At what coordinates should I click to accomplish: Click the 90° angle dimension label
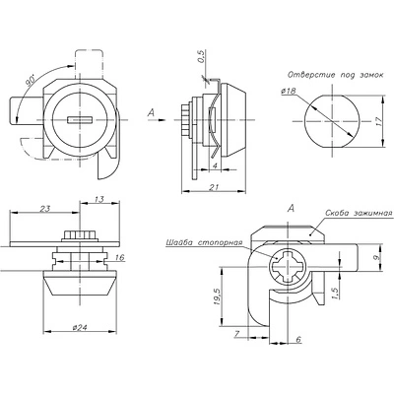(31, 81)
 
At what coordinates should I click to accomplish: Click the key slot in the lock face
(79, 120)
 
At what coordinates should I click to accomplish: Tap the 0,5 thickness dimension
(201, 56)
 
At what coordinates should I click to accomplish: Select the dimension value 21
(214, 187)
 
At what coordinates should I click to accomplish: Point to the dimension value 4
(215, 165)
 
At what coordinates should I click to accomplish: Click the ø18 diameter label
(288, 92)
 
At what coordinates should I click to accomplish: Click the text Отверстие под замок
(335, 75)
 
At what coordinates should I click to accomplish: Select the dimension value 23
(44, 209)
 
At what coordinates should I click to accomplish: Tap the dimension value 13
(98, 199)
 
